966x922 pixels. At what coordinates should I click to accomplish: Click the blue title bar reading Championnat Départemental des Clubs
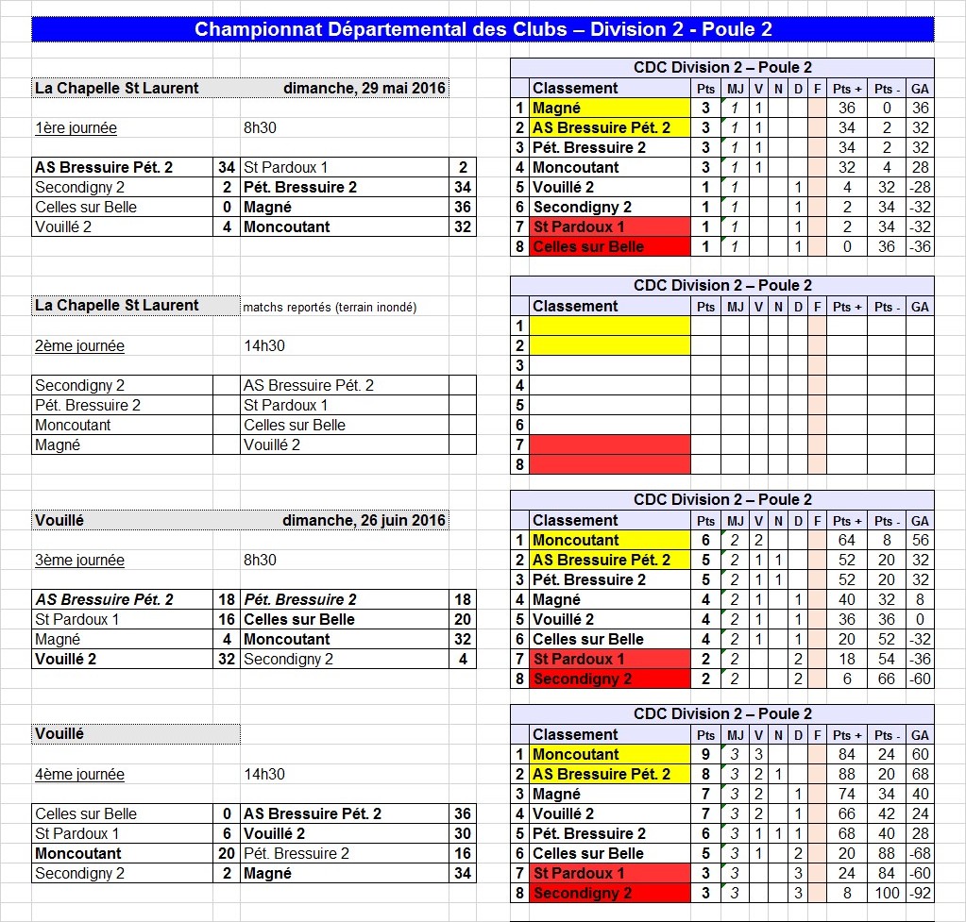483,29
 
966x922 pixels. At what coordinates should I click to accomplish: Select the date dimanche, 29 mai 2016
364,89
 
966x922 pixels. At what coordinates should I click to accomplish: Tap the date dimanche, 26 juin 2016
364,521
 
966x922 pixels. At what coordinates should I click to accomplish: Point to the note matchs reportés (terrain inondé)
330,307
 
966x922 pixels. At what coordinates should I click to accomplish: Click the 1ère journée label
76,128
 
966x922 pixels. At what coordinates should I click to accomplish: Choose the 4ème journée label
79,775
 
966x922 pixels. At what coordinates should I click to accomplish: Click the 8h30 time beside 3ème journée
261,561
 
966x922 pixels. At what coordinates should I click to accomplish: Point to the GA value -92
920,894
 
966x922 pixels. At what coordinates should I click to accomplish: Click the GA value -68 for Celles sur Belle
920,854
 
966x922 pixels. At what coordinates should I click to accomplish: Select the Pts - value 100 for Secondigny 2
885,894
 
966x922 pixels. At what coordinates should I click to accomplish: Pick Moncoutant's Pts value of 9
705,755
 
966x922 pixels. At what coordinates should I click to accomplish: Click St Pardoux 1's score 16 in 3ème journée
227,620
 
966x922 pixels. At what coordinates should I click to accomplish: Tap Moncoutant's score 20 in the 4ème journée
227,854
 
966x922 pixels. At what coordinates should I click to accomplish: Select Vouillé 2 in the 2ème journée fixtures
272,445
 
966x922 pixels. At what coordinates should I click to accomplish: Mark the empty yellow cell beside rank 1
610,327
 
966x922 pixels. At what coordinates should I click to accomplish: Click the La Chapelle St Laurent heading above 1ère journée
117,89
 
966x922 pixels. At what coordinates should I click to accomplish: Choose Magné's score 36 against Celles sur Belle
463,208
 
